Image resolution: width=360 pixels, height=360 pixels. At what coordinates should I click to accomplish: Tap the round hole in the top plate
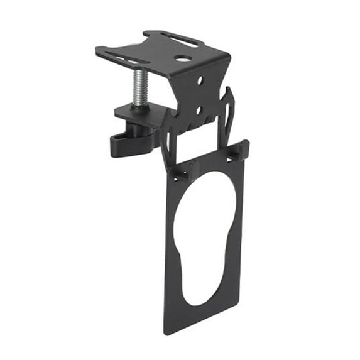point(182,58)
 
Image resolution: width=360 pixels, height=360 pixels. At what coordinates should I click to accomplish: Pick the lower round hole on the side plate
point(199,109)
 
